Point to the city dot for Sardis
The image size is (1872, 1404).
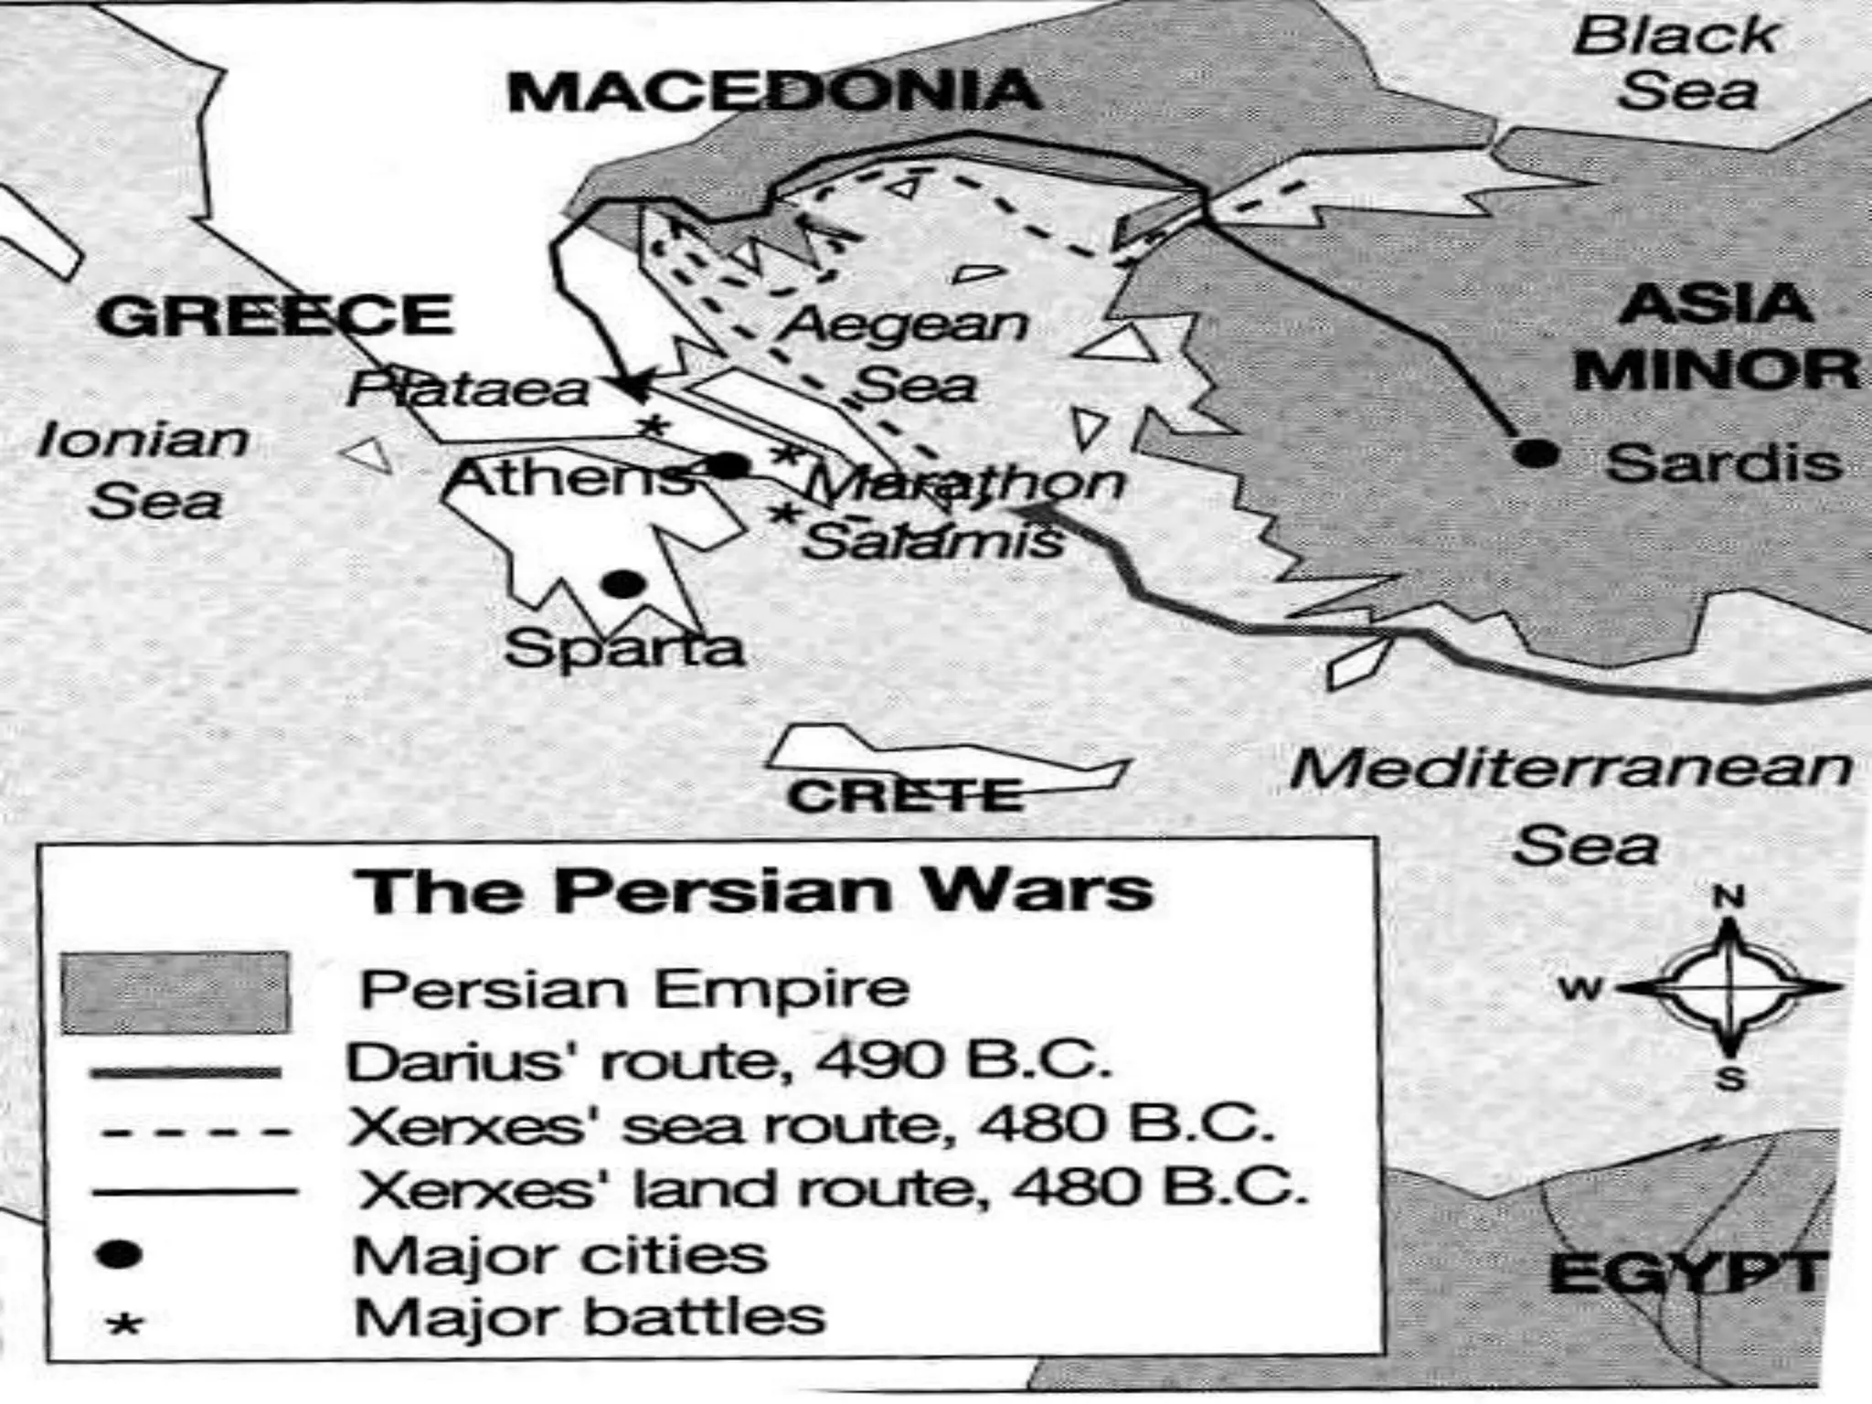(x=1536, y=452)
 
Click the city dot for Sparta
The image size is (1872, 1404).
(x=622, y=583)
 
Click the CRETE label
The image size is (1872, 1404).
(x=905, y=795)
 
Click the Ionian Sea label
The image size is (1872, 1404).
(x=146, y=471)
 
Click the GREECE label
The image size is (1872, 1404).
(x=274, y=316)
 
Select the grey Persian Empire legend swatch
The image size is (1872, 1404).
(x=175, y=992)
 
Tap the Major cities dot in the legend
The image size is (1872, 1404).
(x=120, y=1254)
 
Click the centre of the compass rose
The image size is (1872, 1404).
(x=1728, y=987)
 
